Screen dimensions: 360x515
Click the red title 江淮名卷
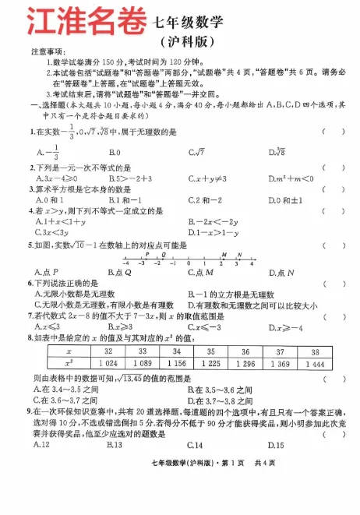click(74, 21)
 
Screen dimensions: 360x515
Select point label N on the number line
click(239, 254)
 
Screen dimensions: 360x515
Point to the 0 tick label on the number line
click(189, 264)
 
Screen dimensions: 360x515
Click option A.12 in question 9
click(43, 445)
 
